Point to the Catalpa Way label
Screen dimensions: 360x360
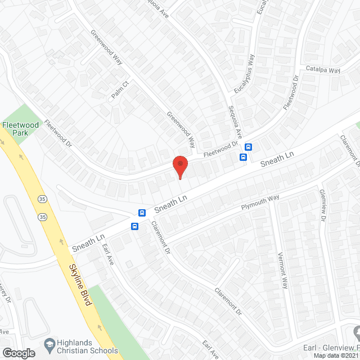point(323,70)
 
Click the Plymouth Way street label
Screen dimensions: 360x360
point(260,202)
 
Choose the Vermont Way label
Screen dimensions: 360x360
point(282,269)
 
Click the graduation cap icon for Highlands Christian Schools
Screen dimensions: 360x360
point(49,343)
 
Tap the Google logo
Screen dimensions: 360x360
point(19,353)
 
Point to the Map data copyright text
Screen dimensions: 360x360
point(336,355)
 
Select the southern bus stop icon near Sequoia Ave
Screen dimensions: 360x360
point(244,157)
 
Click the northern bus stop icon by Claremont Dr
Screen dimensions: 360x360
point(142,213)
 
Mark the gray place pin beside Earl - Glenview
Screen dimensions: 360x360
point(355,330)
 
